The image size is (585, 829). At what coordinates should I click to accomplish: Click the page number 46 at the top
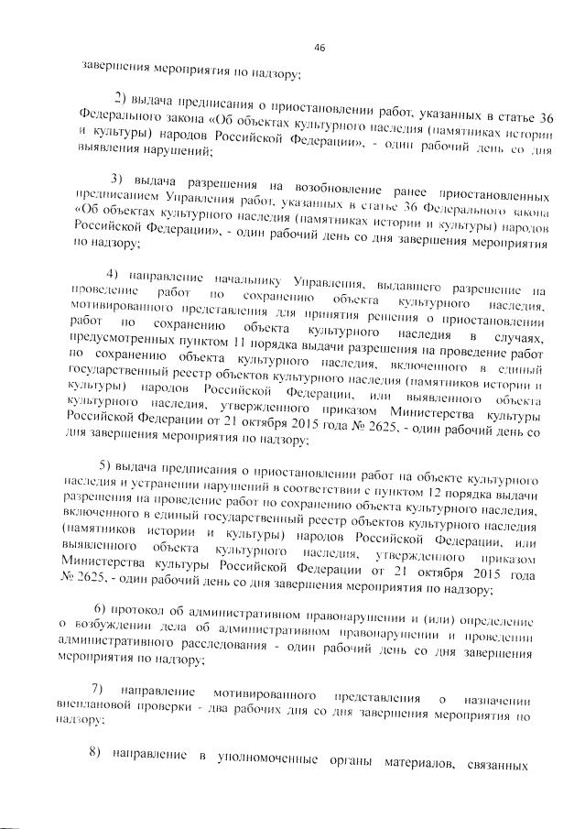pos(320,48)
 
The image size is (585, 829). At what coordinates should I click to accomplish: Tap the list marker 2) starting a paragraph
pos(121,98)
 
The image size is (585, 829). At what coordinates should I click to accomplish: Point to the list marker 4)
pos(113,274)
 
